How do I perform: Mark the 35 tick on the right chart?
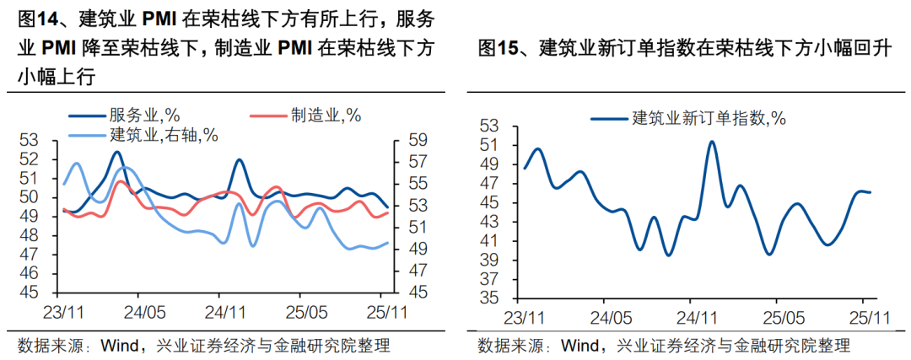coord(490,298)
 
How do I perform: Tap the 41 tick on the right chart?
coord(490,240)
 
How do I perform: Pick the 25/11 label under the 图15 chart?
coord(865,317)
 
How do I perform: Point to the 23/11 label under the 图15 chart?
coord(524,317)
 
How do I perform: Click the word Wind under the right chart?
coord(579,345)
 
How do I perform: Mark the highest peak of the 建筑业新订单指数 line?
coord(712,142)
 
